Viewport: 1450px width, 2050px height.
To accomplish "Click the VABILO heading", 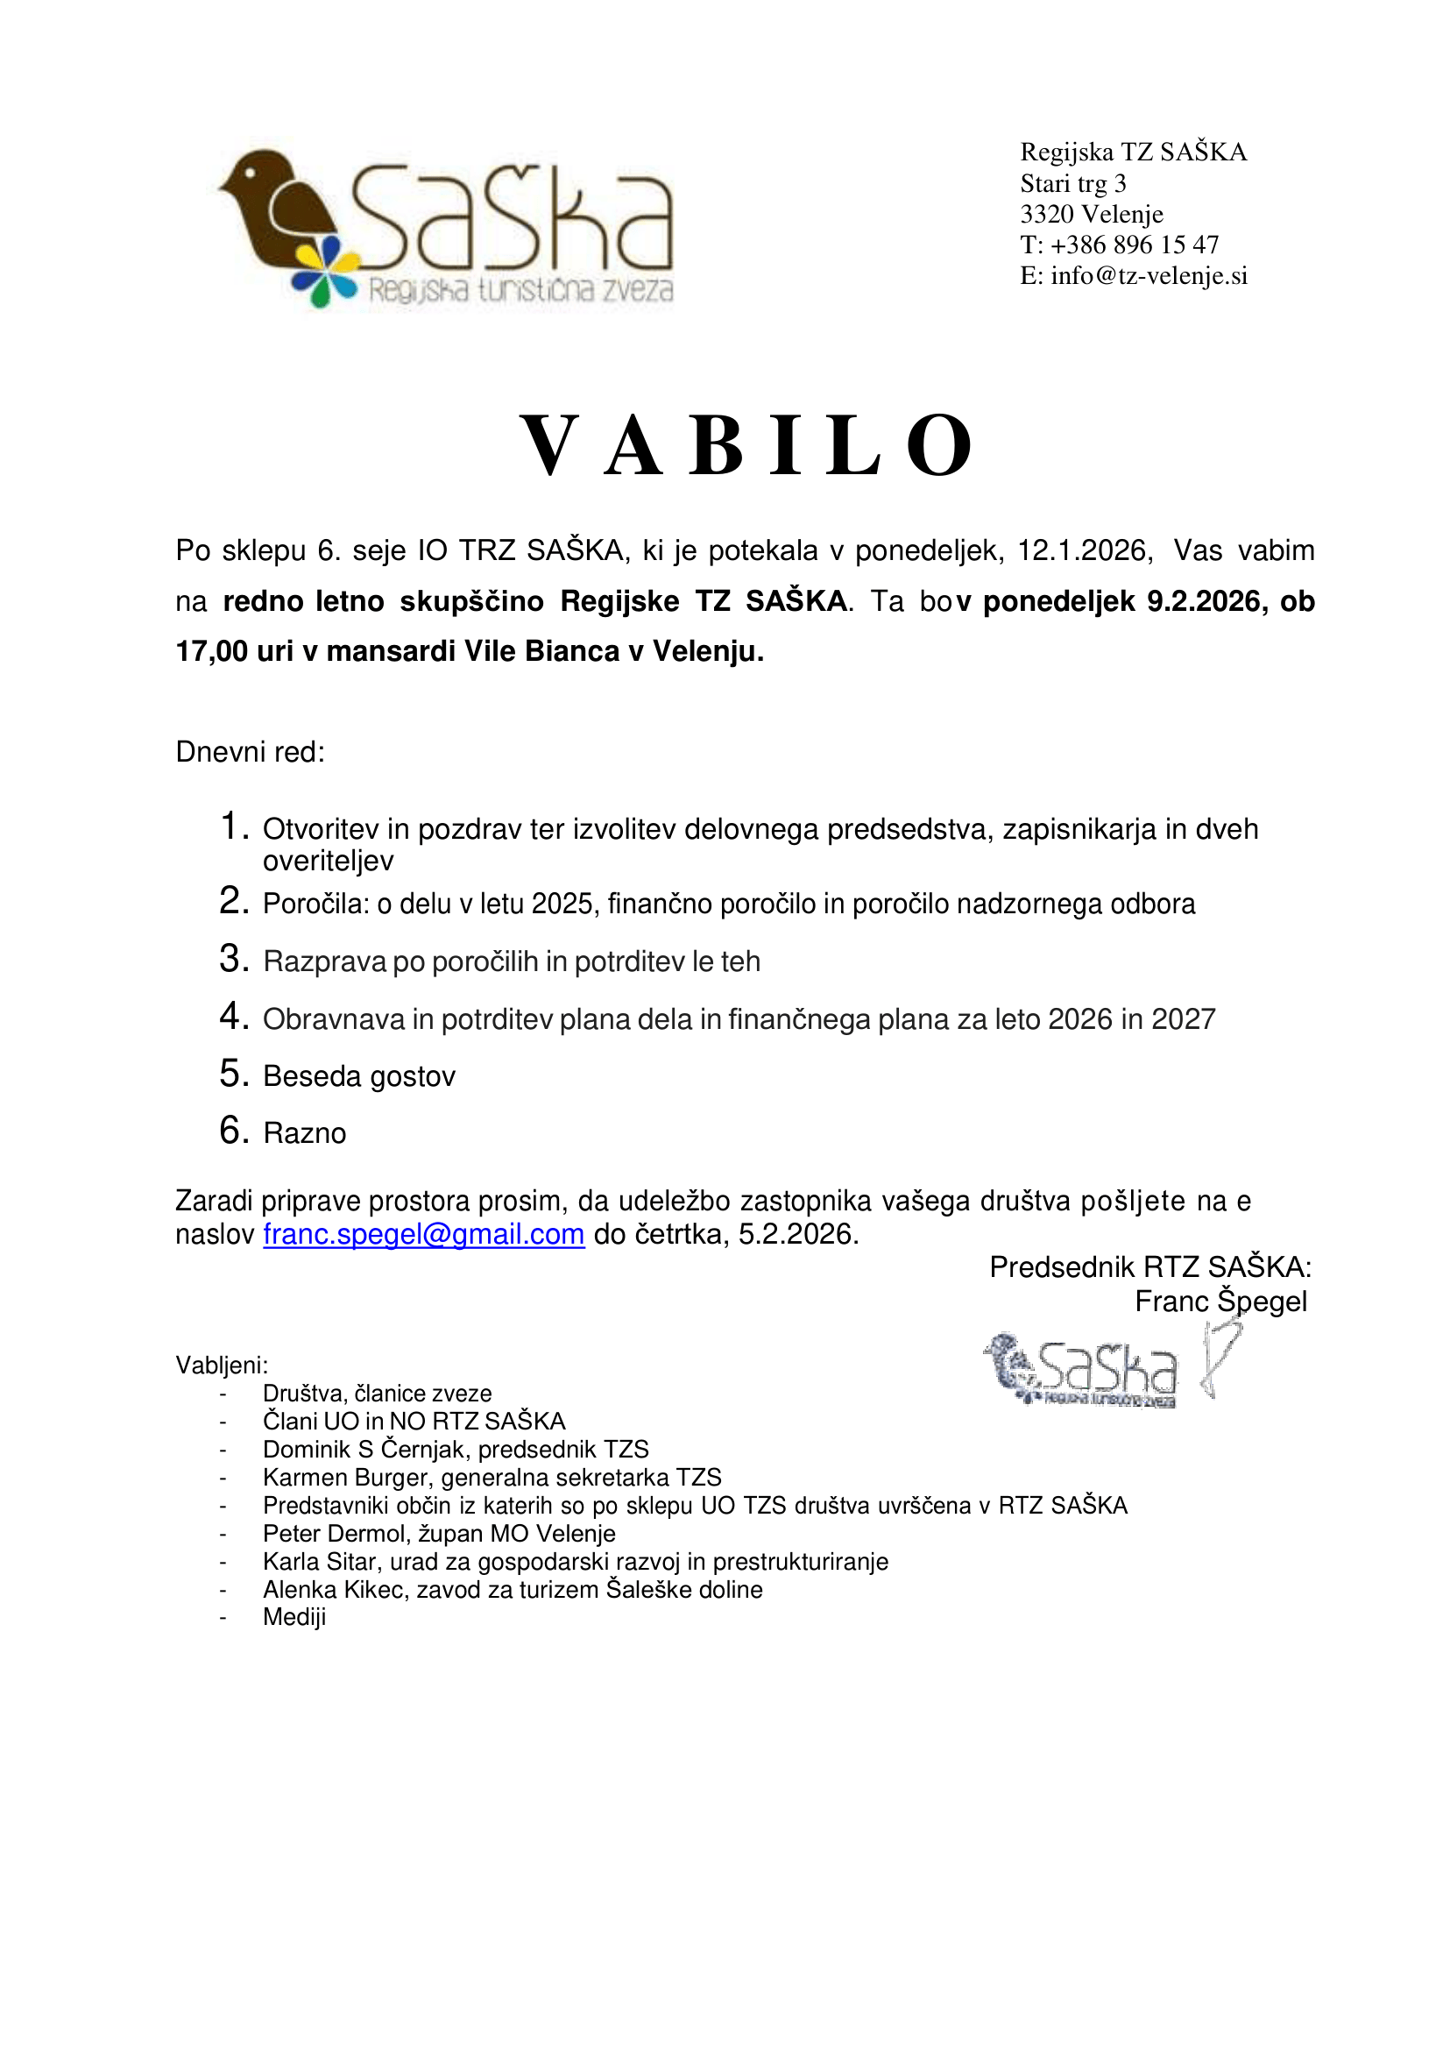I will [x=746, y=446].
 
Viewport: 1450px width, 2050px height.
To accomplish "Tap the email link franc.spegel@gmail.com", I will [x=423, y=1233].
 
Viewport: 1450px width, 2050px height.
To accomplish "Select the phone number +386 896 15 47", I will [x=1134, y=245].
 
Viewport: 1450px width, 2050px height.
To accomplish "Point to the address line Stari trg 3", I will [x=1072, y=183].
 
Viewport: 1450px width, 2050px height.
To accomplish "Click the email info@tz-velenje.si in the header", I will [x=1149, y=275].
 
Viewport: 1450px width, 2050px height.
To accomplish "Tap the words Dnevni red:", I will [x=250, y=751].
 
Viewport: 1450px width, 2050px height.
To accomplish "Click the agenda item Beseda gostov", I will [x=359, y=1076].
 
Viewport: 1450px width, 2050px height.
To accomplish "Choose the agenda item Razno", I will [x=305, y=1132].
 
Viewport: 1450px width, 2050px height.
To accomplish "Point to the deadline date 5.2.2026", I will [x=798, y=1233].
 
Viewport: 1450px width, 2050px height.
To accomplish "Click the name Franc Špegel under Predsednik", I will [x=1220, y=1301].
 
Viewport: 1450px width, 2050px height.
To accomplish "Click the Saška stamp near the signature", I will [x=1080, y=1369].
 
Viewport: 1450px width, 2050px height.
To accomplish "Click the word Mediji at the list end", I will [x=294, y=1617].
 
